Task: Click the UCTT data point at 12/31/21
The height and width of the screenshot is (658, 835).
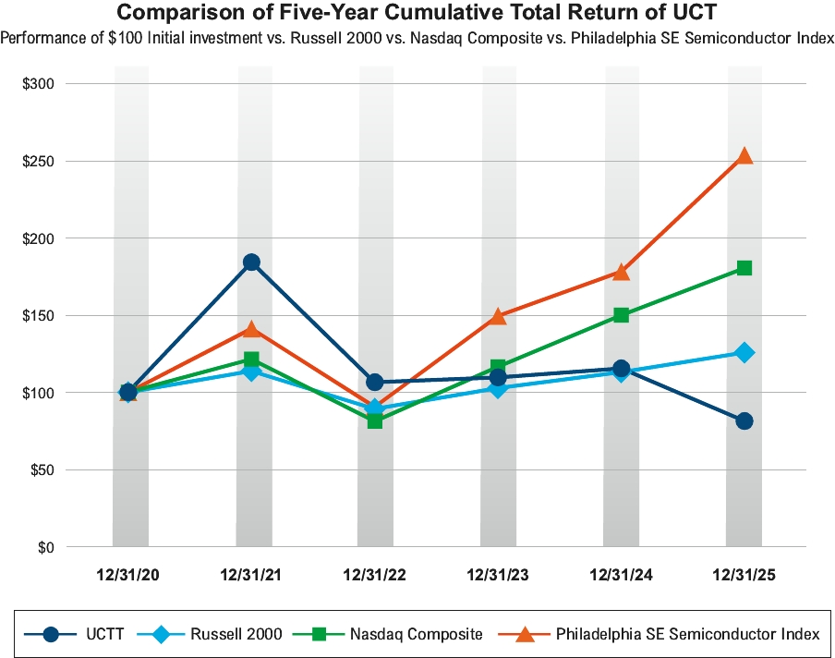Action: [x=251, y=262]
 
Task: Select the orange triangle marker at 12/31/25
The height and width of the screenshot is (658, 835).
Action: [x=744, y=156]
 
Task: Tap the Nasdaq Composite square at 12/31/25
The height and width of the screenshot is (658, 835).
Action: [x=744, y=268]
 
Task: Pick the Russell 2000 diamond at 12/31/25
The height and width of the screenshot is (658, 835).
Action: [x=744, y=352]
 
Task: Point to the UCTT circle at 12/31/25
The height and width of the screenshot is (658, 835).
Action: [x=744, y=420]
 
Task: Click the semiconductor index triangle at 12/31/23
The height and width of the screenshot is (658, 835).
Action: [x=498, y=317]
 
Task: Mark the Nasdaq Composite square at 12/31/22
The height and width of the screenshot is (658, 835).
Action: [x=375, y=420]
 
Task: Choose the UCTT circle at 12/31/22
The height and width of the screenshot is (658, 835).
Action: [x=375, y=382]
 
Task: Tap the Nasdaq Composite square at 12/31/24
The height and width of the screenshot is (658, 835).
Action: [x=622, y=315]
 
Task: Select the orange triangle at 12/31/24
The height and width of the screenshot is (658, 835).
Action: [x=622, y=272]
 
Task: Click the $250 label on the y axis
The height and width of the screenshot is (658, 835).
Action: [x=39, y=161]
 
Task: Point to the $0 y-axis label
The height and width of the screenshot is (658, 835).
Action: [x=46, y=547]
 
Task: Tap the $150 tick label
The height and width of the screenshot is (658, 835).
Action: [x=39, y=315]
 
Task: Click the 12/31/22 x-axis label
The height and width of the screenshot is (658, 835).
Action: [x=374, y=575]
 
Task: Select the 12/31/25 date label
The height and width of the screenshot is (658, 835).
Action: [x=744, y=575]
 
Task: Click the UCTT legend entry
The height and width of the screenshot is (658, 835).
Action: [x=79, y=634]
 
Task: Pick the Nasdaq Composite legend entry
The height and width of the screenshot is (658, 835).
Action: [x=394, y=634]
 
